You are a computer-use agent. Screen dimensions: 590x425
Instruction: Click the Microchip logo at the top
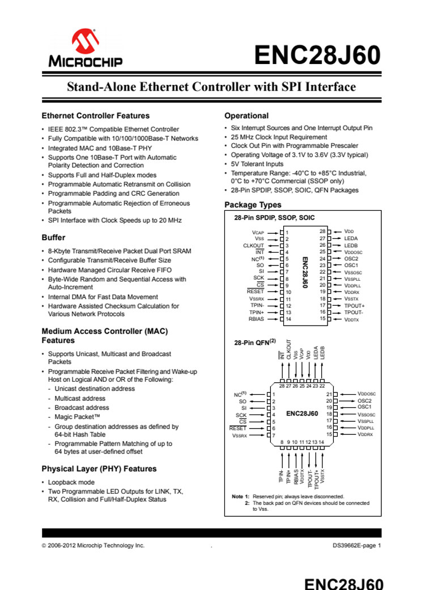coord(85,48)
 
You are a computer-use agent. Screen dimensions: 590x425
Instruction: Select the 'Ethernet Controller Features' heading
coord(96,116)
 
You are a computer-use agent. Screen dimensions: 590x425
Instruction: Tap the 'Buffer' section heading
coord(53,237)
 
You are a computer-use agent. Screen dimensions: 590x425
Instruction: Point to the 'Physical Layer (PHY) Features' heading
coord(99,469)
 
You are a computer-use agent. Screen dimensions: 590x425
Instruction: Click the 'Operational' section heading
coord(246,116)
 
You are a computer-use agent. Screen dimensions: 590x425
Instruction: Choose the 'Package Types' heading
coord(253,204)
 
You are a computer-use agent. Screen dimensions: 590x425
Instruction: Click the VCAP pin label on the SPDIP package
coord(258,232)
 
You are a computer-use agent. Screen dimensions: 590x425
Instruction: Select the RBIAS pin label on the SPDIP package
coord(256,319)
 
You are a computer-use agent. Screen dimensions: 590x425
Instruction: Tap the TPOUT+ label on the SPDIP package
coord(354,305)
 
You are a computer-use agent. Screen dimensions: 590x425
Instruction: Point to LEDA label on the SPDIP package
coord(351,238)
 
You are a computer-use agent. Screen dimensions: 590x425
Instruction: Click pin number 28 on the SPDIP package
coord(322,232)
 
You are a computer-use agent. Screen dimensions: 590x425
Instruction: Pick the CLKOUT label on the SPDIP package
coord(254,246)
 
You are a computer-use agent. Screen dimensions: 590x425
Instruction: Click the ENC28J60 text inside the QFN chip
coord(301,414)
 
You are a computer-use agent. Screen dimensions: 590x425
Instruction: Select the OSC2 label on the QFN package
coord(364,400)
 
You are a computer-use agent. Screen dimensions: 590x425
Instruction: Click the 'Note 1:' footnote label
coord(241,497)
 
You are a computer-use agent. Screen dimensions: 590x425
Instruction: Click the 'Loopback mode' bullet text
coord(71,482)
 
